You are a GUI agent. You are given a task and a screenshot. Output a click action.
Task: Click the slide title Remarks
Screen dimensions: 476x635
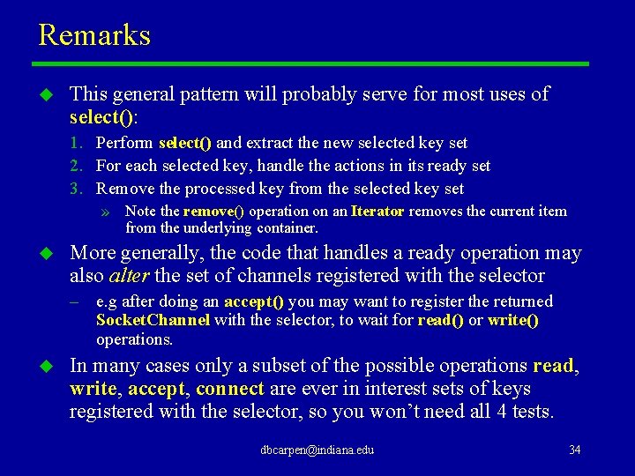(94, 35)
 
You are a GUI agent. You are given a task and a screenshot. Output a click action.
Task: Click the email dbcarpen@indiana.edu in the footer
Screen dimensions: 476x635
(317, 450)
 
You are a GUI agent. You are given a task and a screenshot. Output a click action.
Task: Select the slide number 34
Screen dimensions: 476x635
(574, 450)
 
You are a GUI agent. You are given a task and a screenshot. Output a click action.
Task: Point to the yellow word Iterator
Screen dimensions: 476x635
(377, 212)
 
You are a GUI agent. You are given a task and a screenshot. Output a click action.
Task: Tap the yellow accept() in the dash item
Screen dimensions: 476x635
(254, 301)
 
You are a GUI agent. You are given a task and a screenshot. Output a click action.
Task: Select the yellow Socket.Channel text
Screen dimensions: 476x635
(153, 320)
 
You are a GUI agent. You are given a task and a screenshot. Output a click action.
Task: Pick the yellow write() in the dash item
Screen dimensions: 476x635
(513, 320)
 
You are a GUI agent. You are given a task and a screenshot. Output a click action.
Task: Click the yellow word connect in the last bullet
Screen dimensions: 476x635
(230, 389)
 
